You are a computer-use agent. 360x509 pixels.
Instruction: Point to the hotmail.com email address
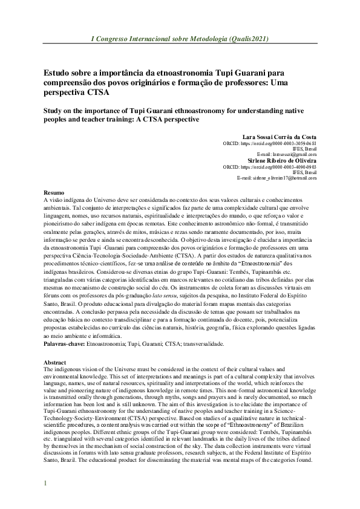(x=286, y=178)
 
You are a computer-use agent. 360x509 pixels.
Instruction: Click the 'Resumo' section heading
(x=54, y=192)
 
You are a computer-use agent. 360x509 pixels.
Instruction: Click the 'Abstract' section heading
(x=56, y=362)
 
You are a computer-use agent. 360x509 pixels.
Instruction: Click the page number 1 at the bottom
(x=44, y=484)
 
